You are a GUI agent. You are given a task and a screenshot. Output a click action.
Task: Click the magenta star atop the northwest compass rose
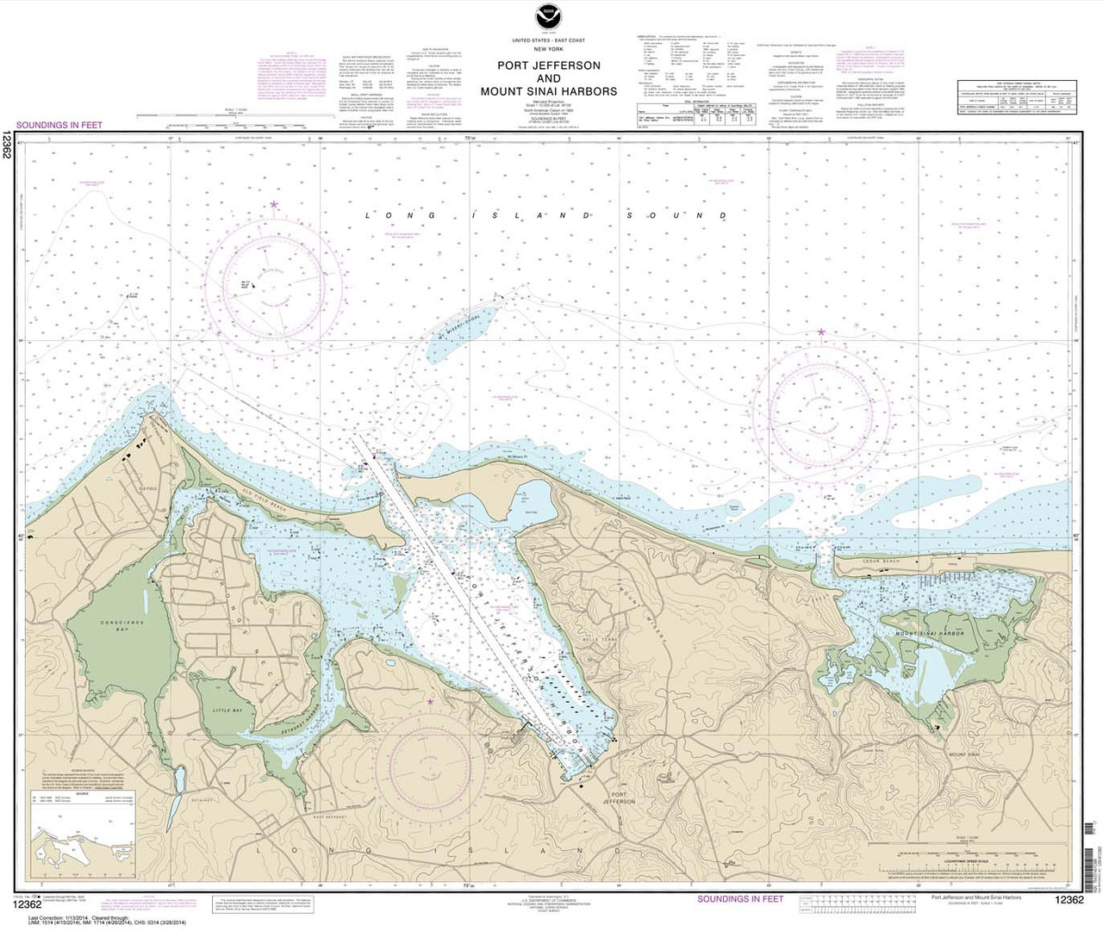click(274, 205)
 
